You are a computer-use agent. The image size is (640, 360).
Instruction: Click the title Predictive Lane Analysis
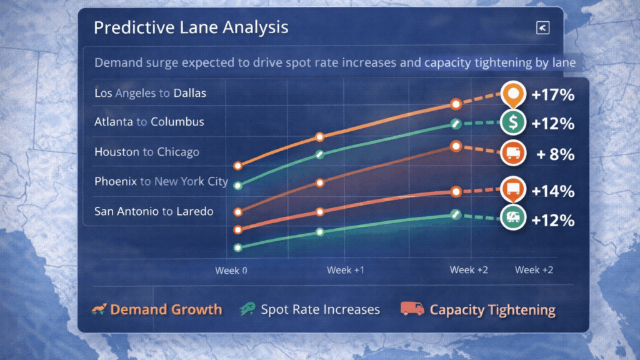point(191,27)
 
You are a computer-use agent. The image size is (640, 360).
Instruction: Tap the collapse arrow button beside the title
point(542,27)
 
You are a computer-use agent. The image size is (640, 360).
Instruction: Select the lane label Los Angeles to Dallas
point(150,93)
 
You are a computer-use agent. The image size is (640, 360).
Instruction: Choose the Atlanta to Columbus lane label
point(149,122)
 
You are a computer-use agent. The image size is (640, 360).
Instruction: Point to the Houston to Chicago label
point(146,152)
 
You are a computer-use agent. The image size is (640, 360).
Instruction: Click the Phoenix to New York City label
point(161,182)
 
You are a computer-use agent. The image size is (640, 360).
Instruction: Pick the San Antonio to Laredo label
point(153,211)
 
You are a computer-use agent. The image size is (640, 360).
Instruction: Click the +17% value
point(552,95)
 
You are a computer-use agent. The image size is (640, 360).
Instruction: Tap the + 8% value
point(555,154)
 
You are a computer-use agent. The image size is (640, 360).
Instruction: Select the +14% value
point(552,191)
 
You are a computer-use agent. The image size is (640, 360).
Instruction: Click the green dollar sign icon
point(513,122)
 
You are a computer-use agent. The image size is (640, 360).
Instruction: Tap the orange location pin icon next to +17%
point(513,94)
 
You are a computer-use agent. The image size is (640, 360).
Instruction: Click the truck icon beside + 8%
point(513,154)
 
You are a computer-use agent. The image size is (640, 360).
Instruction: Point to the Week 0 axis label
point(231,271)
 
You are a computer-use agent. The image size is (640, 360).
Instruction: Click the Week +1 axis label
point(346,270)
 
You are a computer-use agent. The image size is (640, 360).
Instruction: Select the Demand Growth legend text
point(166,309)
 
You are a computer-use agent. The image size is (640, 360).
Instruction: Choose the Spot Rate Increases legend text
point(320,309)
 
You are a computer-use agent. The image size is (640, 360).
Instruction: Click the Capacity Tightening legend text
point(492,310)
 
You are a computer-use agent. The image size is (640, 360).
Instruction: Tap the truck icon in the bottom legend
point(412,309)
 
